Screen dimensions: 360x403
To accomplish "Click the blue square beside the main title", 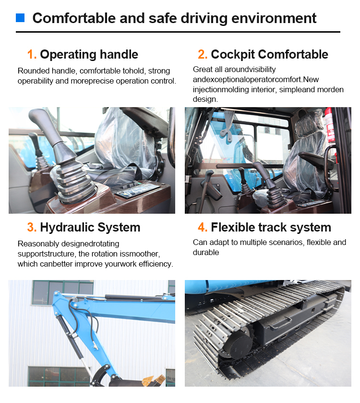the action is pyautogui.click(x=20, y=18).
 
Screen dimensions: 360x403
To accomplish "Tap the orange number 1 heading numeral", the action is pyautogui.click(x=32, y=54).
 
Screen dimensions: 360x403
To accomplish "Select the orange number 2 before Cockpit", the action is pyautogui.click(x=203, y=54).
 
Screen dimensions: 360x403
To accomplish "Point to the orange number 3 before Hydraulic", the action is pyautogui.click(x=32, y=228).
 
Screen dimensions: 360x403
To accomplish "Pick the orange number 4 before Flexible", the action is pyautogui.click(x=203, y=228).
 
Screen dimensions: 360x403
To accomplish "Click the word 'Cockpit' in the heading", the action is pyautogui.click(x=233, y=55).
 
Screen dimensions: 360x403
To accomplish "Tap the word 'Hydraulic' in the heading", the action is pyautogui.click(x=67, y=228).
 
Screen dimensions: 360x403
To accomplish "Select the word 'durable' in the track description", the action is pyautogui.click(x=206, y=252).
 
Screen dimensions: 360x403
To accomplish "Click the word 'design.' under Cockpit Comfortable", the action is pyautogui.click(x=205, y=99).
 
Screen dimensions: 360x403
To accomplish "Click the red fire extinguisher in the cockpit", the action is pyautogui.click(x=329, y=125).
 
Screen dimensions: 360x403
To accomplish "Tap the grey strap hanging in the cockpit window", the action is pyautogui.click(x=227, y=125).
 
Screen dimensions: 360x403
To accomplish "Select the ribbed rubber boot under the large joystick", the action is pyautogui.click(x=75, y=182).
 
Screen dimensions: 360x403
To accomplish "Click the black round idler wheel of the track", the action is pyautogui.click(x=238, y=345).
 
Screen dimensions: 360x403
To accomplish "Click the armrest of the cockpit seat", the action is pyautogui.click(x=315, y=159).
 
